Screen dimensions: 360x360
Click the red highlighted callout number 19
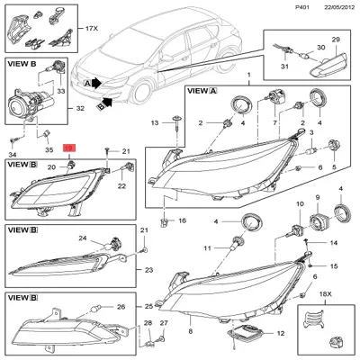click(x=69, y=148)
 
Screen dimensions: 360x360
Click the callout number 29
click(x=336, y=40)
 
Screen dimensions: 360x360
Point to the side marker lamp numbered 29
click(x=329, y=65)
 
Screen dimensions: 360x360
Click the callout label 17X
click(x=92, y=29)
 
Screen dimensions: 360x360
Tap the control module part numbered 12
click(x=247, y=333)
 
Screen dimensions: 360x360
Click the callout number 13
click(x=155, y=122)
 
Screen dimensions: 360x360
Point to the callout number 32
click(x=80, y=108)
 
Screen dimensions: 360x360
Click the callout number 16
click(x=182, y=220)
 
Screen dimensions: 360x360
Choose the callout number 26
click(x=121, y=307)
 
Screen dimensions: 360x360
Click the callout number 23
click(x=149, y=270)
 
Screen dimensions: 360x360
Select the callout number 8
click(x=191, y=331)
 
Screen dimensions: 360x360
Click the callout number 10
click(x=300, y=204)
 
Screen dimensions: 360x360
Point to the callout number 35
click(x=49, y=149)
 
